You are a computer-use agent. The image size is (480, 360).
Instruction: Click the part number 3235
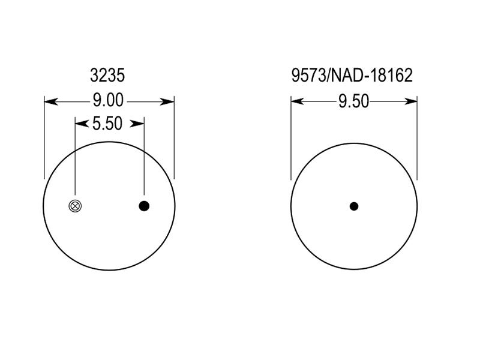(x=107, y=76)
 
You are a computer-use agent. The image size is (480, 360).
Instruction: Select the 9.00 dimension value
(x=108, y=100)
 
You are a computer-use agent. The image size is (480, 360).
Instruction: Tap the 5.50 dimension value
(x=107, y=124)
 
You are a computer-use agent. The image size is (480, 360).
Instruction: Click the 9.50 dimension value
(x=354, y=101)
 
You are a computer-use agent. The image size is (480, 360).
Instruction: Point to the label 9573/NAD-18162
(x=352, y=76)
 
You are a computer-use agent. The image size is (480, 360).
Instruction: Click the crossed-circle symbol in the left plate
(x=76, y=206)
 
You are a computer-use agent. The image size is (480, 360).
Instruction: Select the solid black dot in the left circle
(x=144, y=206)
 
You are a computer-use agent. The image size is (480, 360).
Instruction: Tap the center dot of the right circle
(x=354, y=206)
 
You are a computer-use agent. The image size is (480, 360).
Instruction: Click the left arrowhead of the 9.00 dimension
(x=51, y=101)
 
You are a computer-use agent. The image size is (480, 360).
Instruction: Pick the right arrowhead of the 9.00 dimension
(x=167, y=101)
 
